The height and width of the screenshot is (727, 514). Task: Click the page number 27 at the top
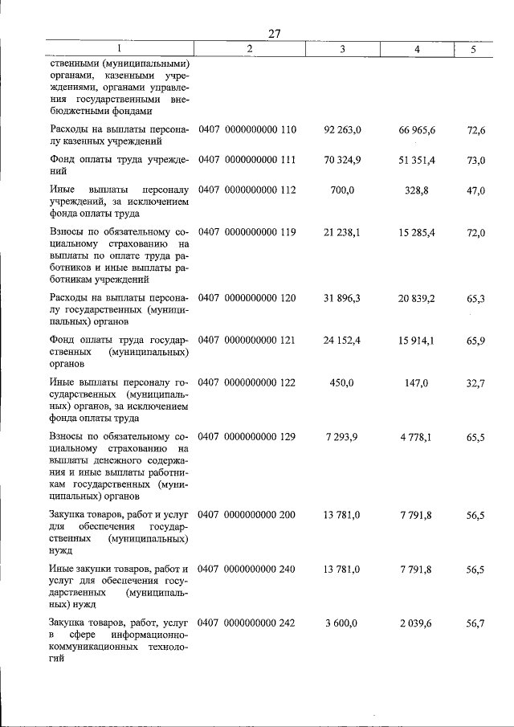click(274, 34)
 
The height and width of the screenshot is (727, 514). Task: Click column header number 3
click(342, 49)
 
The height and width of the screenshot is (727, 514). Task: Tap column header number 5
click(474, 49)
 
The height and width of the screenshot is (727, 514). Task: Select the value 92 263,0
click(343, 129)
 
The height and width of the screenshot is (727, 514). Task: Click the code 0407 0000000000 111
click(247, 160)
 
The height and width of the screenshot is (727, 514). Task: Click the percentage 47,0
click(476, 190)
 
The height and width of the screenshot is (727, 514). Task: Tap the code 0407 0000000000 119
click(247, 232)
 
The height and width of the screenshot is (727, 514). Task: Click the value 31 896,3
click(343, 298)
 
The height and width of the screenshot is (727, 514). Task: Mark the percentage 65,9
click(476, 340)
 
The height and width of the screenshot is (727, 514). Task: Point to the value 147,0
click(417, 382)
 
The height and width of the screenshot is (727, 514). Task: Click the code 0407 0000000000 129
click(247, 436)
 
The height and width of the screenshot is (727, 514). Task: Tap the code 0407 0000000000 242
click(247, 623)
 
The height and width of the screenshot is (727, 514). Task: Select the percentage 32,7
click(476, 382)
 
